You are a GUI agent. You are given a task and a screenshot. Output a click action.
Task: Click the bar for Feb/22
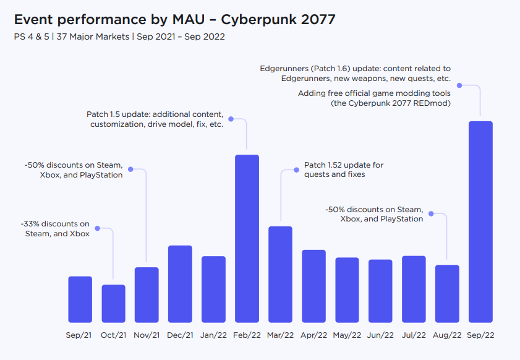[247, 238]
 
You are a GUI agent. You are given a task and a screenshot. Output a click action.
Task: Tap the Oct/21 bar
[113, 303]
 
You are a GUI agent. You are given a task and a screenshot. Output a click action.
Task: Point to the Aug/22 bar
[447, 293]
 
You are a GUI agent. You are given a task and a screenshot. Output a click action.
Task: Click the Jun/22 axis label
[380, 335]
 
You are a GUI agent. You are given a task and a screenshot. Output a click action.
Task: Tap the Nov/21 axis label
[147, 335]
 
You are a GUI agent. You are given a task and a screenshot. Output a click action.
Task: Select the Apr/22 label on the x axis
[313, 335]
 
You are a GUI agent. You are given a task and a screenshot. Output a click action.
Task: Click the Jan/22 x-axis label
[213, 335]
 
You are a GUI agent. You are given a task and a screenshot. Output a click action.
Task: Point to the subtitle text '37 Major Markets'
[92, 37]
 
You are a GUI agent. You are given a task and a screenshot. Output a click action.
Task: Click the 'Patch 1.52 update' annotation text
[344, 165]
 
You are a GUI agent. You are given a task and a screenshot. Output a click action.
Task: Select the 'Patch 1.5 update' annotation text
[155, 114]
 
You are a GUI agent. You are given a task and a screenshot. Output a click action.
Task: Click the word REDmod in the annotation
[433, 103]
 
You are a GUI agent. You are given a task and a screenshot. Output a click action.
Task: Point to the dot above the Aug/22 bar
[430, 214]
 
